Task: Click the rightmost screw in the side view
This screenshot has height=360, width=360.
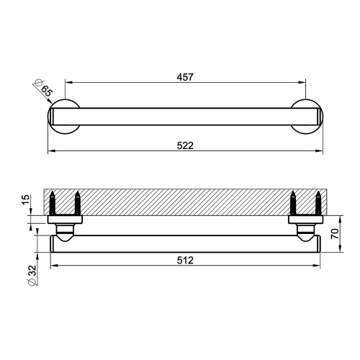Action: click(318, 203)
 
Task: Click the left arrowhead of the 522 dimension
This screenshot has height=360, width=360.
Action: click(50, 151)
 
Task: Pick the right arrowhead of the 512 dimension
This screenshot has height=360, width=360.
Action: click(320, 266)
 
